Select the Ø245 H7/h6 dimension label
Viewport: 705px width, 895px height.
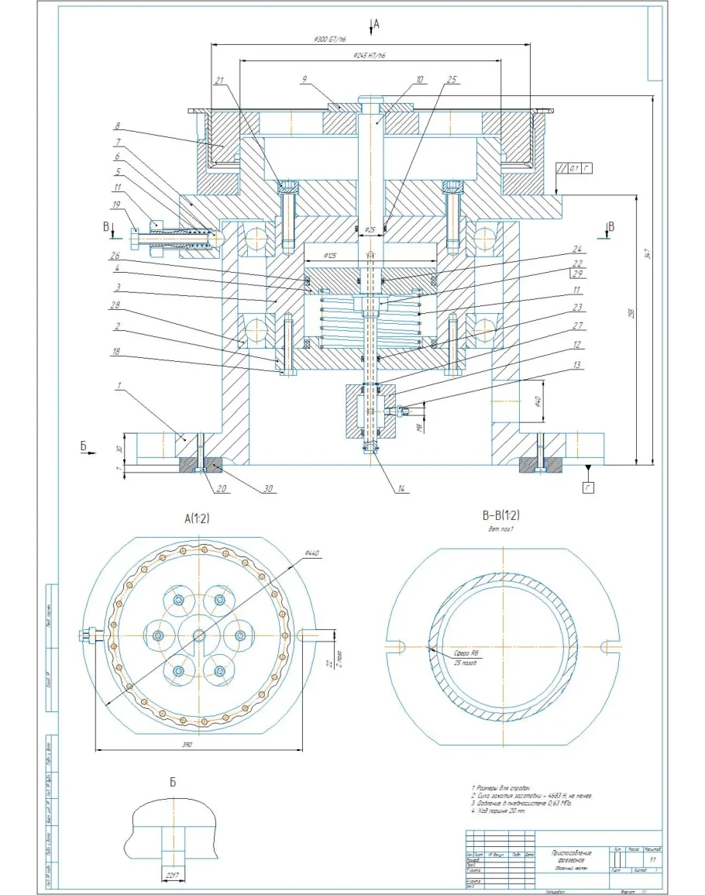pyautogui.click(x=370, y=56)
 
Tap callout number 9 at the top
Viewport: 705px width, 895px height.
pyautogui.click(x=306, y=79)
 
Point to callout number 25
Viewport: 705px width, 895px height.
pyautogui.click(x=452, y=79)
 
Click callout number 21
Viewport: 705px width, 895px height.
pyautogui.click(x=219, y=81)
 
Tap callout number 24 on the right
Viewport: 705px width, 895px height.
pyautogui.click(x=576, y=249)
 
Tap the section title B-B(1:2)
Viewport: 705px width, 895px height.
pyautogui.click(x=501, y=515)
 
